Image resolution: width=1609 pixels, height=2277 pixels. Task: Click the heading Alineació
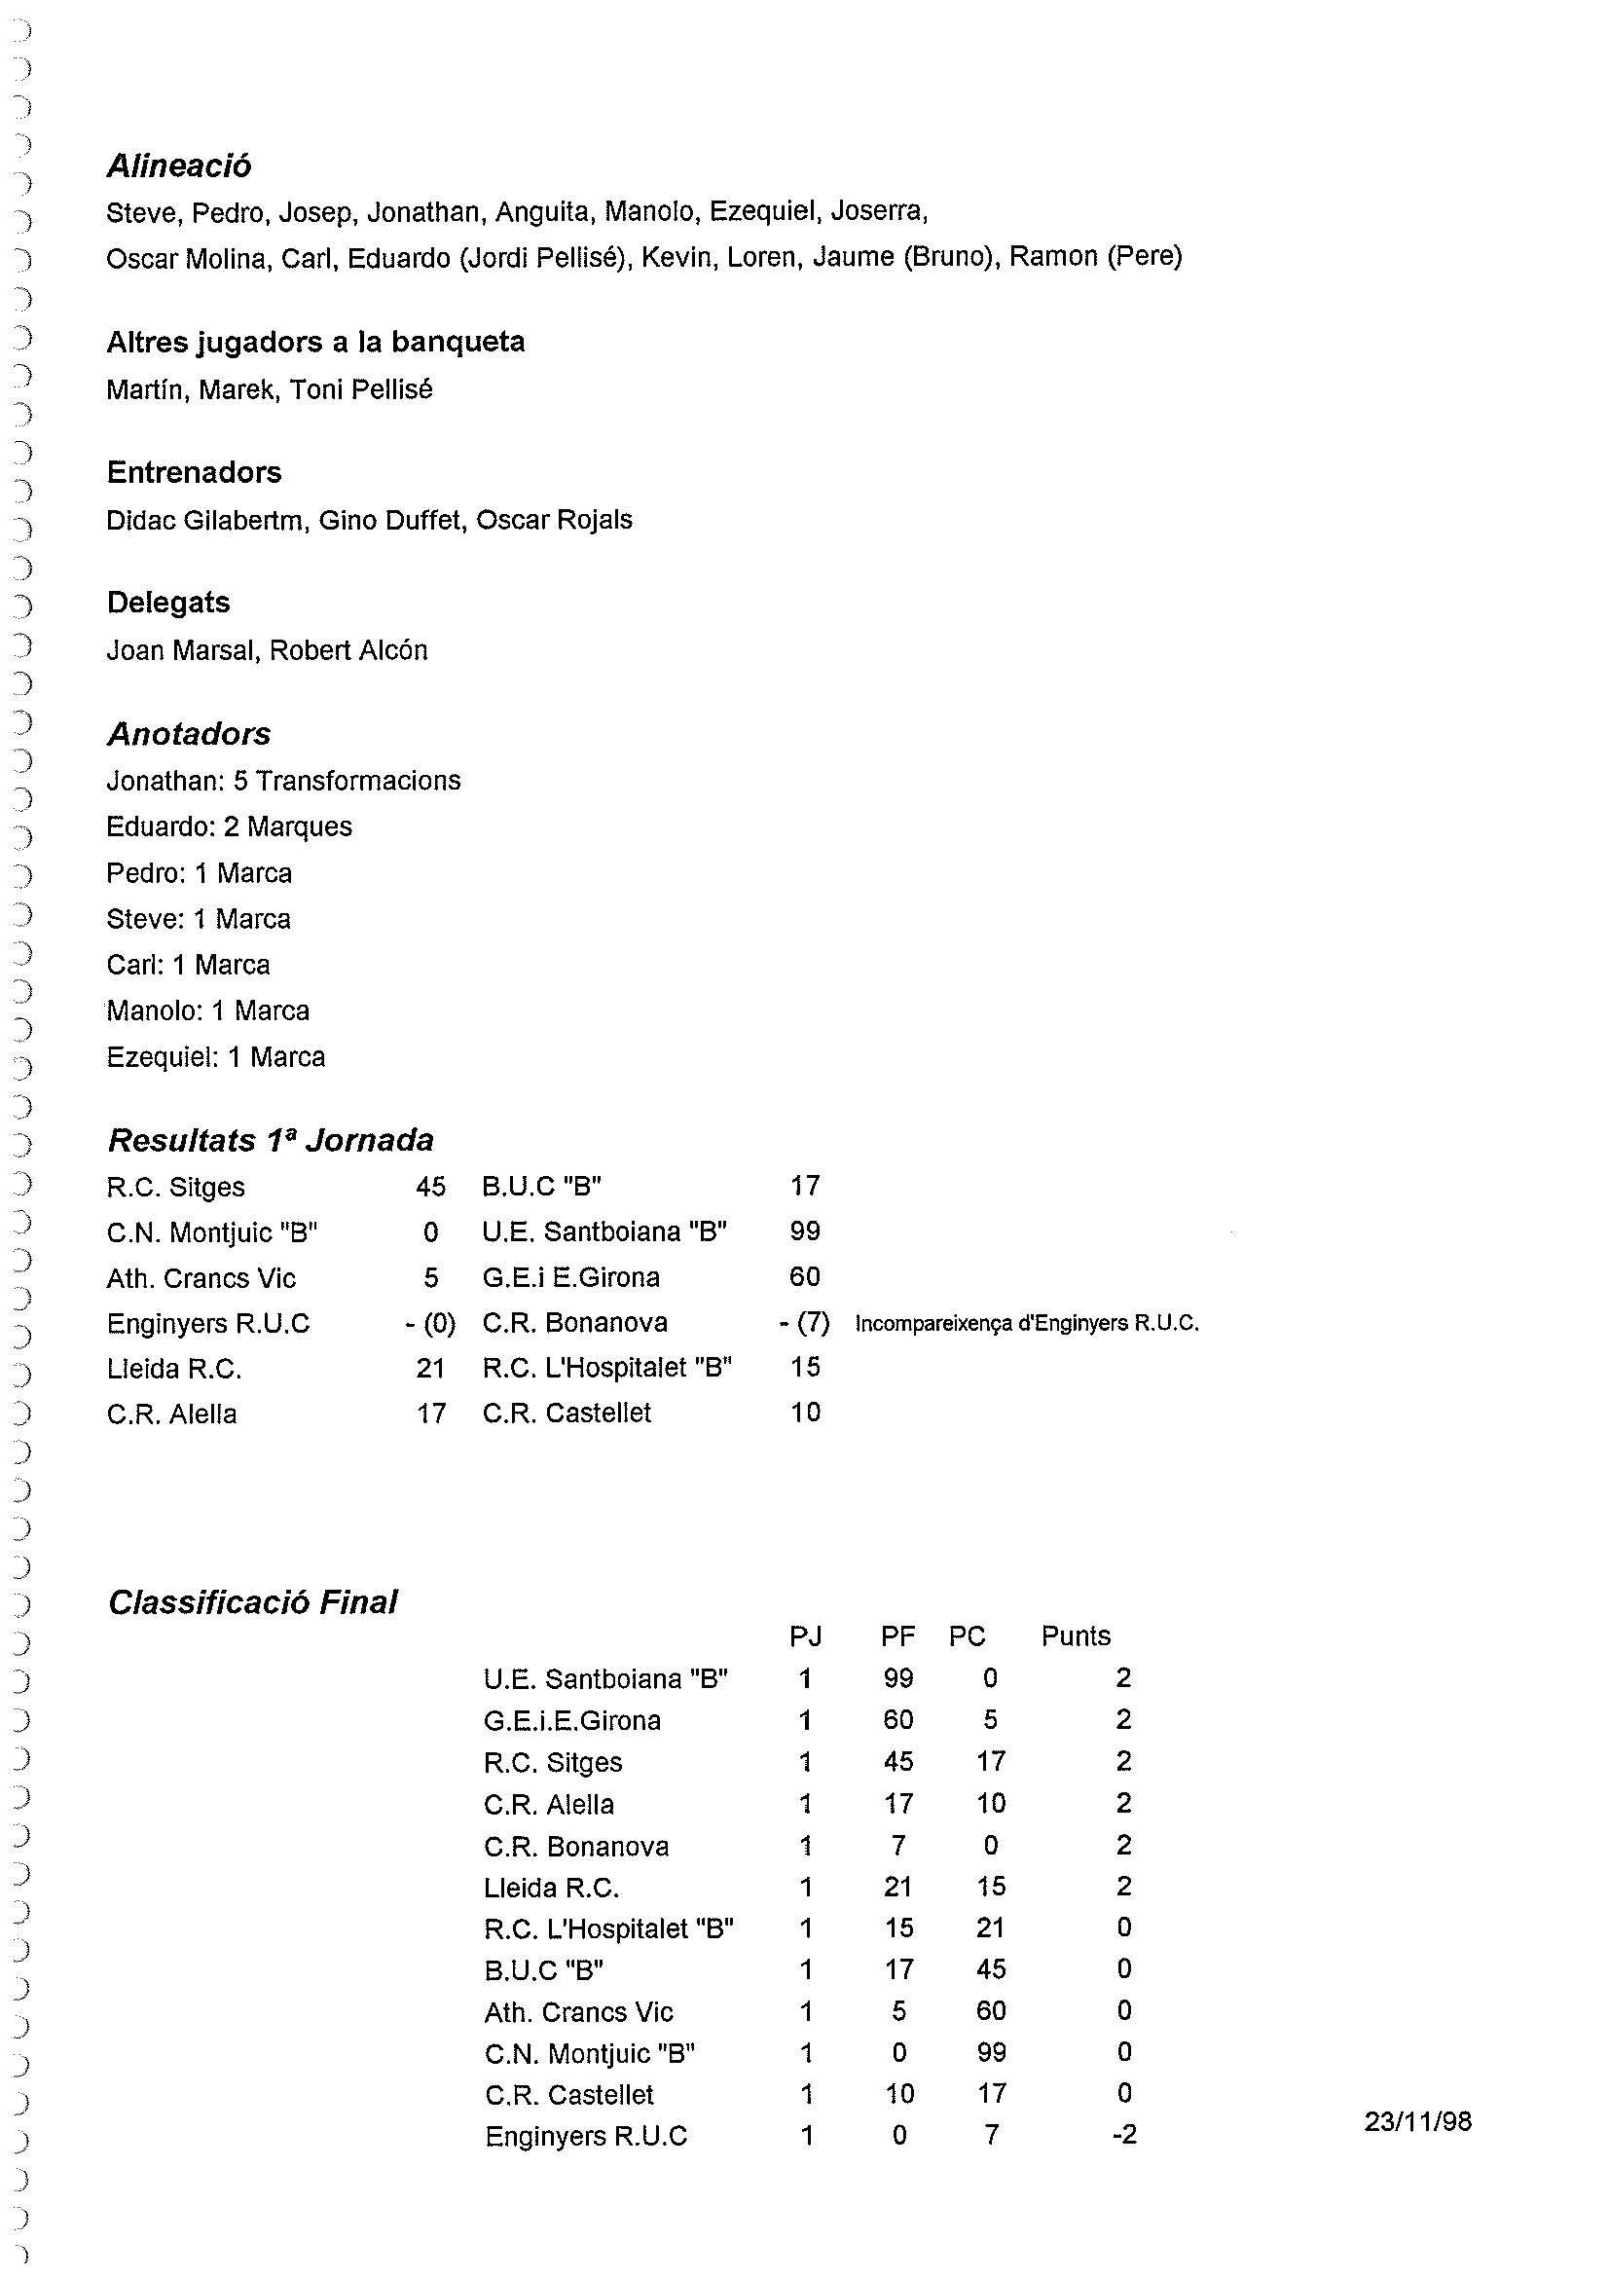coord(178,165)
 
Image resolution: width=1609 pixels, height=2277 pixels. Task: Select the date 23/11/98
coord(1416,2120)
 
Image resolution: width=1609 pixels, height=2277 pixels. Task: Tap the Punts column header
coord(1075,1635)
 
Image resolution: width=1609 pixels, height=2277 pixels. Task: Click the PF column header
coord(897,1635)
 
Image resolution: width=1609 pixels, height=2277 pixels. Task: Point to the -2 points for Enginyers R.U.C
coord(1123,2134)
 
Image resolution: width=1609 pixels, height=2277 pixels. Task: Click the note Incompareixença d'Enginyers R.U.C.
coord(1026,1323)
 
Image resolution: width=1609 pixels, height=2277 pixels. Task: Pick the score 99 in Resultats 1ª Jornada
coord(804,1230)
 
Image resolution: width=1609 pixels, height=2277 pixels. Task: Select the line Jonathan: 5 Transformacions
coord(283,781)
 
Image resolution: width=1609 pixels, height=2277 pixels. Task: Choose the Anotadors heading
coord(189,734)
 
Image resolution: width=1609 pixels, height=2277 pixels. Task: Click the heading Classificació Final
coord(253,1601)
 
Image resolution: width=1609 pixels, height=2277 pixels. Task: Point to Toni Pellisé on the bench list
coord(361,389)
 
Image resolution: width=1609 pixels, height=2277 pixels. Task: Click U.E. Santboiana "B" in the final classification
coord(605,1678)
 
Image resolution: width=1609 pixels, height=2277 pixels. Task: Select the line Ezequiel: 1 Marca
coord(215,1057)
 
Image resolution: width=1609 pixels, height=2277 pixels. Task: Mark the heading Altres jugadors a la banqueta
coord(315,342)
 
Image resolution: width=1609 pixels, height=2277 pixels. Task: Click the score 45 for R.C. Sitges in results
coord(430,1186)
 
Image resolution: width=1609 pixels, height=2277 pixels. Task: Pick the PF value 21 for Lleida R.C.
coord(897,1886)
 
